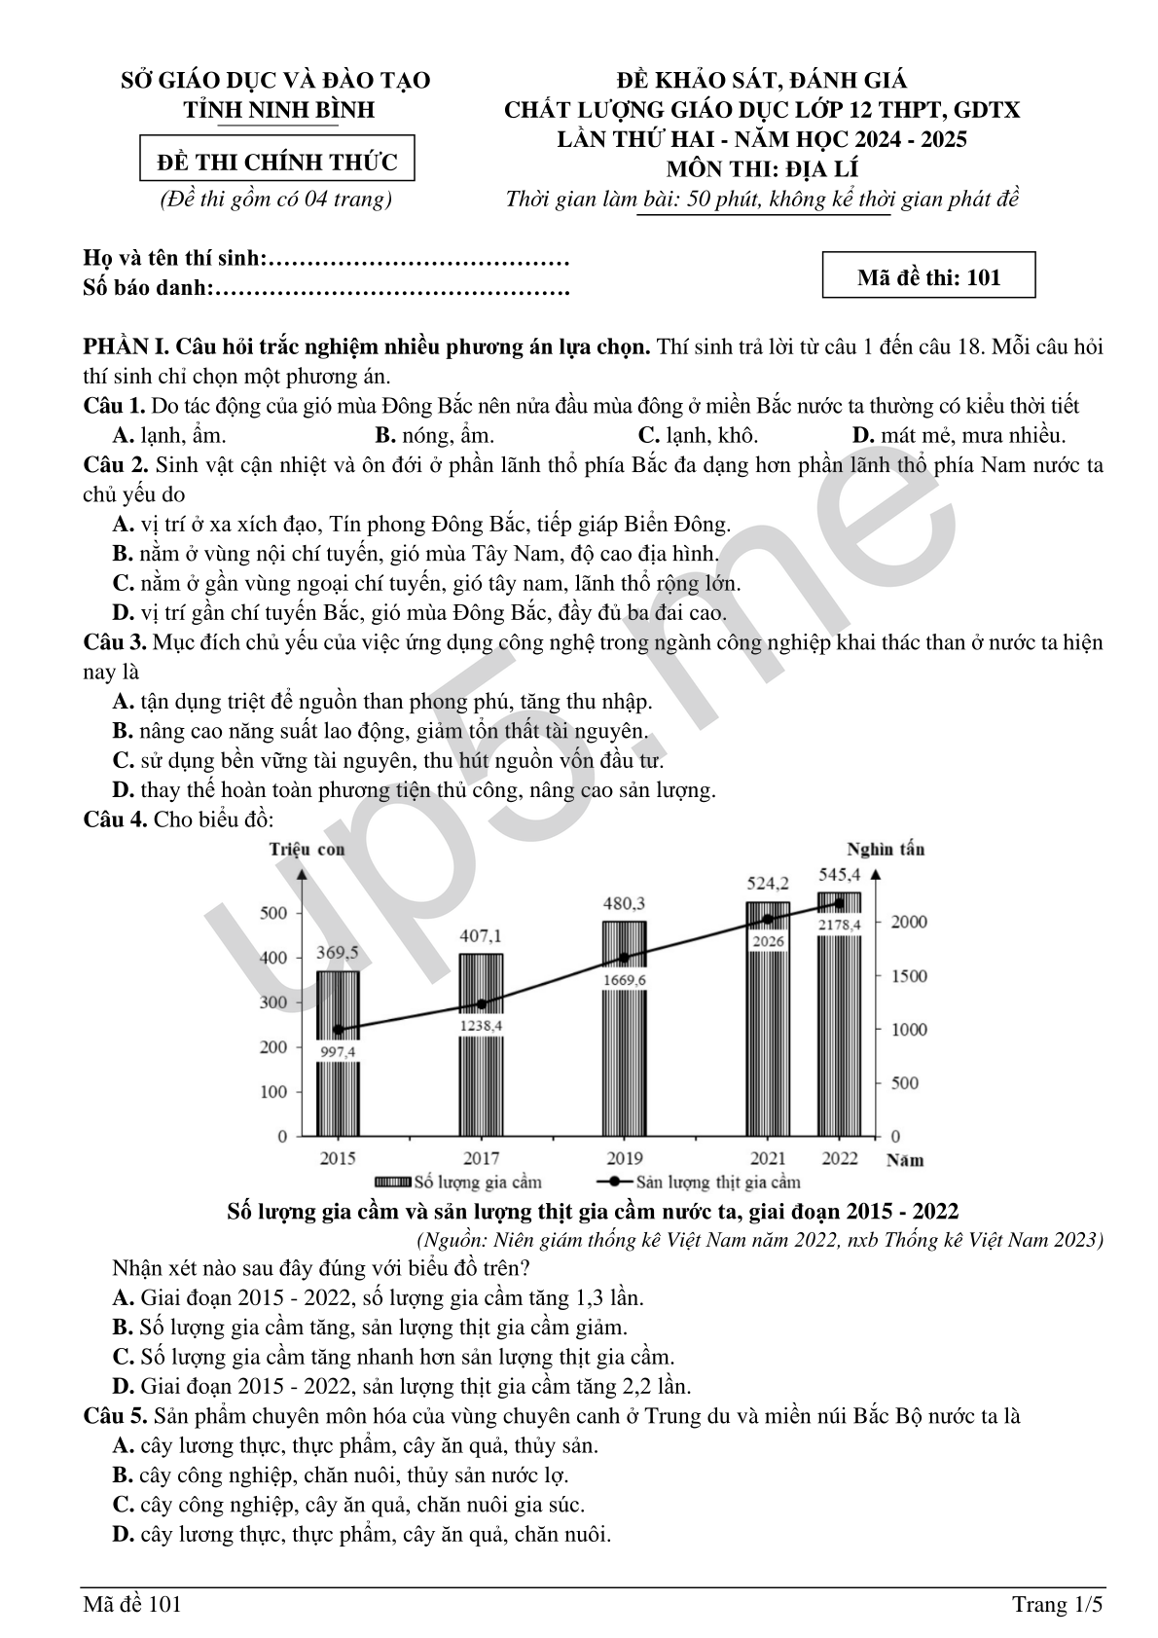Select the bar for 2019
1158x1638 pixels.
pos(624,1061)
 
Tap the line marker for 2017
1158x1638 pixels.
pos(481,1003)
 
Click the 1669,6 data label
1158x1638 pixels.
pos(624,980)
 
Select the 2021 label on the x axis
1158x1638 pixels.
pos(768,1158)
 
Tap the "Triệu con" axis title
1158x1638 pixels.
pos(307,849)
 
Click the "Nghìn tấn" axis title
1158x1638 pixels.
pos(886,849)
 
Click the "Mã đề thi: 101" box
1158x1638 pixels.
pos(928,277)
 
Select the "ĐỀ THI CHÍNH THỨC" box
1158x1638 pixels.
pos(277,161)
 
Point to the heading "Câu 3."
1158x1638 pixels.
pos(115,642)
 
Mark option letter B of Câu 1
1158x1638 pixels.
pos(384,435)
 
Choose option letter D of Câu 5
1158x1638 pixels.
pos(123,1535)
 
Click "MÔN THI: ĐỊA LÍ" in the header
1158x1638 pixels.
pos(762,169)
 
